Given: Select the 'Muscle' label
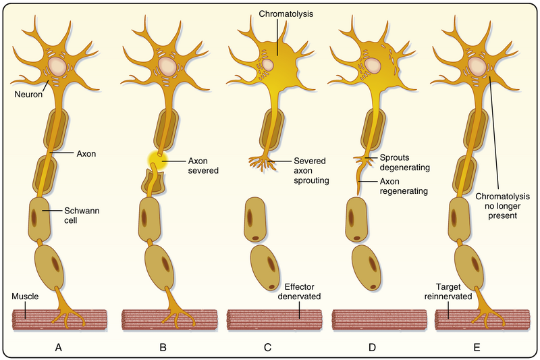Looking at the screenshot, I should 24,297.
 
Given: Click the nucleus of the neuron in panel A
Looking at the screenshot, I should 57,66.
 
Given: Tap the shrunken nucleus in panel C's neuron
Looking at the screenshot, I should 268,65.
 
